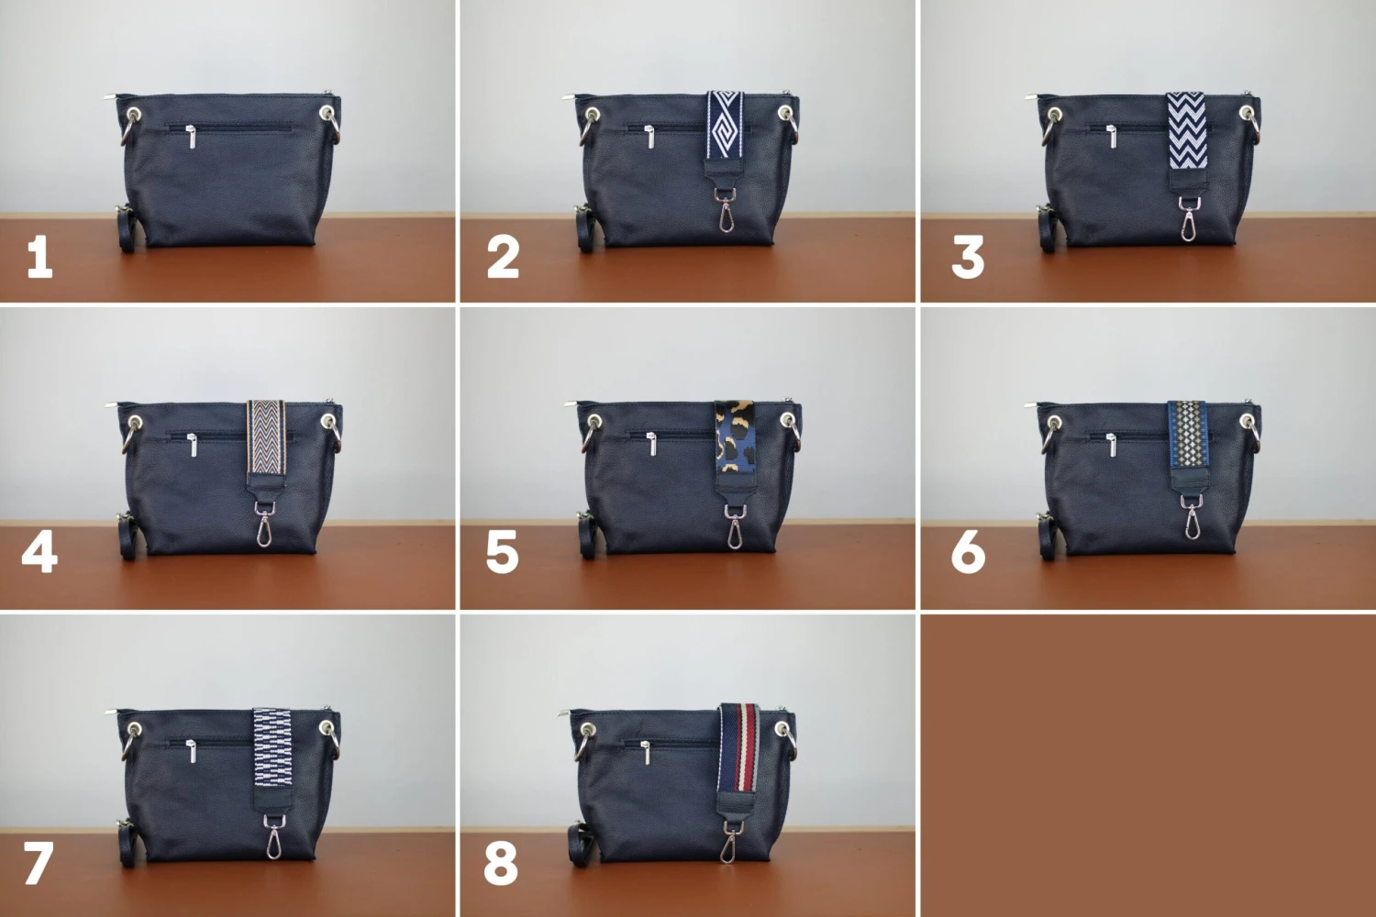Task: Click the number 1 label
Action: [39, 257]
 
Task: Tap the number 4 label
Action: [39, 553]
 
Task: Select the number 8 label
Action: [501, 863]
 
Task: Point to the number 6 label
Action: [968, 553]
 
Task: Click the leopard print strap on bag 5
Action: [734, 440]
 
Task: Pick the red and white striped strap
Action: [738, 747]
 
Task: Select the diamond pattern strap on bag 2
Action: [725, 126]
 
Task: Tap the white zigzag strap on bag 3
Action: [1186, 130]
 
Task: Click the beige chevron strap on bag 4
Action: [266, 437]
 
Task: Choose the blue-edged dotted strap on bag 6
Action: [1188, 433]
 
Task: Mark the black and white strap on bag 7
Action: [272, 748]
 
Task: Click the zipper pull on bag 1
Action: [192, 138]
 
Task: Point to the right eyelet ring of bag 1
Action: [327, 114]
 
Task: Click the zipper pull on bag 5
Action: [652, 445]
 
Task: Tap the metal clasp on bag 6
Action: [1191, 520]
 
